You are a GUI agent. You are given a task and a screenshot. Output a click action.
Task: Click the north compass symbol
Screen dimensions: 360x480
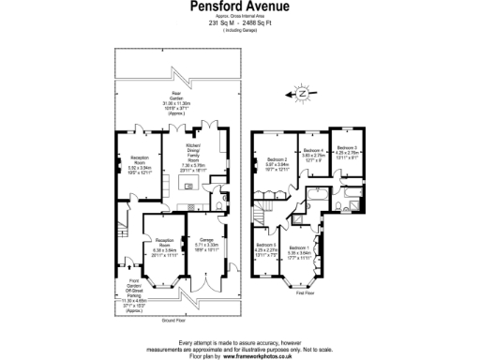301,93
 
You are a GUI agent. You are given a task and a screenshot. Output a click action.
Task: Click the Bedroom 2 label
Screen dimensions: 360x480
277,164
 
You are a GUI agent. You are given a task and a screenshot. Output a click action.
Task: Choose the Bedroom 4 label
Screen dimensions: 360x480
311,155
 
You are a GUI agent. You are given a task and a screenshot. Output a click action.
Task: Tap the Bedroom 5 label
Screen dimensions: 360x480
266,247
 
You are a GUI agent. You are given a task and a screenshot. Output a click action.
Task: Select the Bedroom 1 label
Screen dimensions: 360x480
301,249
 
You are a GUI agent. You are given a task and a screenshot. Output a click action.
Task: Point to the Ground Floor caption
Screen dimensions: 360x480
175,322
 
